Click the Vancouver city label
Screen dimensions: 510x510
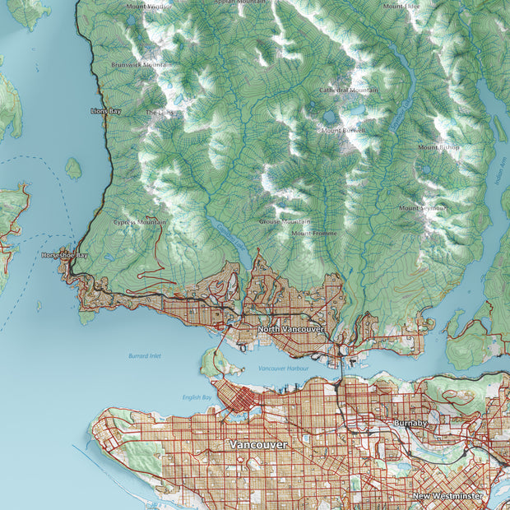tap(258, 444)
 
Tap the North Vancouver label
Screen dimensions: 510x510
tap(290, 329)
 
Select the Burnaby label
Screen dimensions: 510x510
tap(410, 423)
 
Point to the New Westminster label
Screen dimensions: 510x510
tap(445, 497)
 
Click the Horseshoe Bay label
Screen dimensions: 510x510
tap(64, 256)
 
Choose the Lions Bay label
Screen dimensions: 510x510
tap(105, 110)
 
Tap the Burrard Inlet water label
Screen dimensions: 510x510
tap(145, 356)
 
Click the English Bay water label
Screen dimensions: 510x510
tap(197, 397)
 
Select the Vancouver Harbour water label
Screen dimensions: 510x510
tap(282, 369)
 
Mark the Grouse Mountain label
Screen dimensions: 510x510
tap(285, 221)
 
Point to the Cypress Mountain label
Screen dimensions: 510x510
tap(140, 222)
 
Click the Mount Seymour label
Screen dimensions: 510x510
tap(422, 208)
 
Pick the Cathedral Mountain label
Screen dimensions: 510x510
tap(349, 90)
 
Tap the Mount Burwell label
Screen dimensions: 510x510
tap(343, 130)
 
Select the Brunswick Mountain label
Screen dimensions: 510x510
tap(141, 63)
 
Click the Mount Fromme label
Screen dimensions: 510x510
tap(313, 234)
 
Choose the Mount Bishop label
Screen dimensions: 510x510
tap(438, 147)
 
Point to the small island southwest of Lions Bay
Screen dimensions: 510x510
tap(73, 169)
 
